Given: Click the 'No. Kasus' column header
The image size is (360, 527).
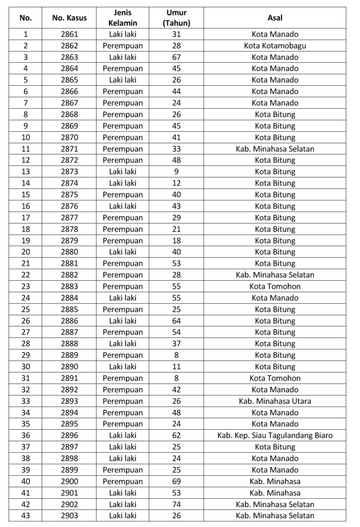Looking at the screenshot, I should (x=69, y=18).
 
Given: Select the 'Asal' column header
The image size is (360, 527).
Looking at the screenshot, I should (x=275, y=18).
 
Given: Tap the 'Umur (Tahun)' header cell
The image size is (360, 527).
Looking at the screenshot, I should (x=177, y=18).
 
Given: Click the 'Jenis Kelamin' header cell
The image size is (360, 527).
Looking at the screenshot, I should (x=122, y=18).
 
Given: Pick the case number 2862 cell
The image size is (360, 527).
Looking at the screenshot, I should (x=69, y=46).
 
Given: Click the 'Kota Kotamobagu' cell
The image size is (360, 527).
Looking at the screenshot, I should (x=275, y=46).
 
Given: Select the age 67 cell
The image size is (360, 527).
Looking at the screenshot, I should (x=177, y=57).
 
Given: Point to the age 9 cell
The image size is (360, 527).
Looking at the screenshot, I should (x=177, y=172).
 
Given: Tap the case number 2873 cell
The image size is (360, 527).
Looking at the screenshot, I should (x=69, y=172).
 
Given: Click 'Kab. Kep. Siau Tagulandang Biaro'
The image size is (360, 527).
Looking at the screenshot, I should (x=275, y=435).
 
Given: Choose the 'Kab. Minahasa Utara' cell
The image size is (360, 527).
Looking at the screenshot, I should (x=275, y=401).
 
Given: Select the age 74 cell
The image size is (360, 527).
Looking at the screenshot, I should (x=177, y=504).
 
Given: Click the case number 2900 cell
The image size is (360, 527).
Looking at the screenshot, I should (x=69, y=481).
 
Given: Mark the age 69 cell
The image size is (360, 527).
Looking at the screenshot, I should (x=177, y=481).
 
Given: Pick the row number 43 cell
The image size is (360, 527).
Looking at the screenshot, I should (x=25, y=515).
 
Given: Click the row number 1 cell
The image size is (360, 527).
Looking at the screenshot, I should (x=25, y=34).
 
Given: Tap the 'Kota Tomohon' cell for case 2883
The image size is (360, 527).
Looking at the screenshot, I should (x=275, y=286).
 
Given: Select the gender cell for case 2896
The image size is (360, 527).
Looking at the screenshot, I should (x=122, y=435).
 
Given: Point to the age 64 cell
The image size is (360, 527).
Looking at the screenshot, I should (x=177, y=321).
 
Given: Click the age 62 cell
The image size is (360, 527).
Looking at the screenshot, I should (x=177, y=435).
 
